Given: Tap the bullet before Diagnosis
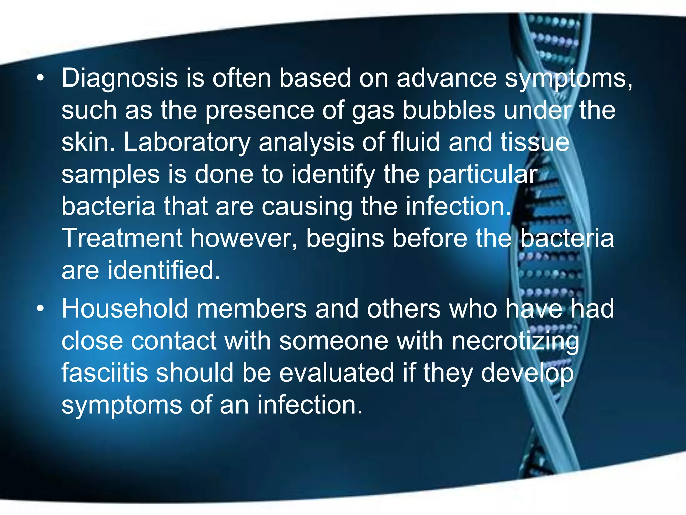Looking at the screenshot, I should pos(41,78).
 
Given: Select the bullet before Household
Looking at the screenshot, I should pos(41,309).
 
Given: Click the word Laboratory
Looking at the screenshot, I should pos(187,142).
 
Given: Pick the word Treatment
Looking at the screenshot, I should pos(122,238).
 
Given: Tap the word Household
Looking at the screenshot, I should pos(125,309).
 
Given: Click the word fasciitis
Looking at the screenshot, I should pos(105,373).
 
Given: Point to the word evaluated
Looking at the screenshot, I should pos(336,373).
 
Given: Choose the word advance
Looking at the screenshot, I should pos(447,78).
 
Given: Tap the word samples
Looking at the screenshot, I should pos(111,175).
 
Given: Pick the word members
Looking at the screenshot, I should pos(252,309).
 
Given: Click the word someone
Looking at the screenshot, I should pos(334,341).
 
